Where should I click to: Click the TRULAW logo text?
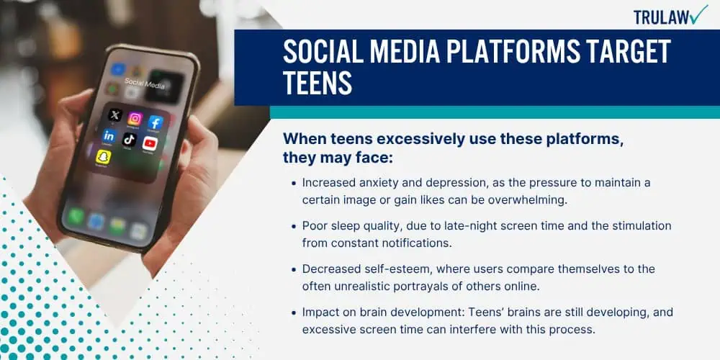661,17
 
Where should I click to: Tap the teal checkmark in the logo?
699,14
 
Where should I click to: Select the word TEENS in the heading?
318,83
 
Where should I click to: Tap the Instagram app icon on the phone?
135,119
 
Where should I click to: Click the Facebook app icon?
156,122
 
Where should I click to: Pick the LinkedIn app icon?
109,135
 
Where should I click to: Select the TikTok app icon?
130,140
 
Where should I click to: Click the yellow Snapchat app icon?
103,156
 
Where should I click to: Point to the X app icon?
114,114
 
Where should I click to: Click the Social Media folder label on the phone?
144,83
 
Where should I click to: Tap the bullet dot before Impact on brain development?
294,312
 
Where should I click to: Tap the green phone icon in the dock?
76,216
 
